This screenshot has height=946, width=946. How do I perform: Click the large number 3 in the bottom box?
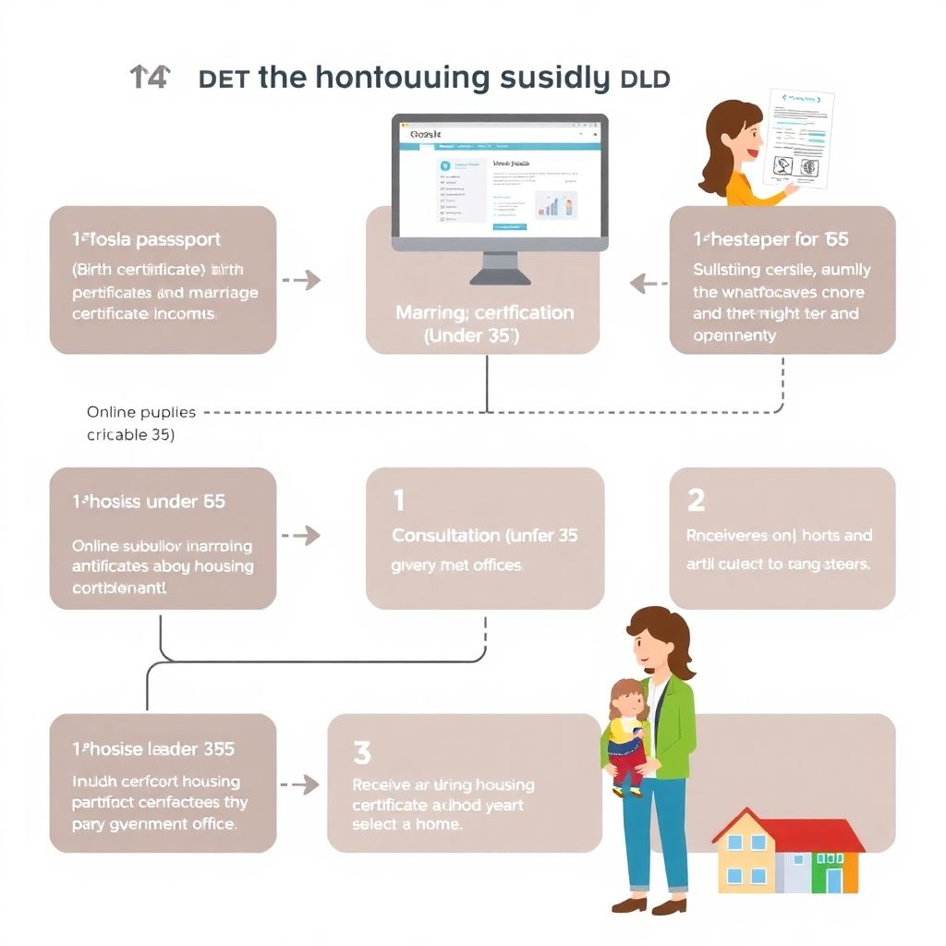pos(362,753)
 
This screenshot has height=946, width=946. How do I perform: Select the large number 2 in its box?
pos(696,501)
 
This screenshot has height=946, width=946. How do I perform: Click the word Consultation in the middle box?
pos(446,536)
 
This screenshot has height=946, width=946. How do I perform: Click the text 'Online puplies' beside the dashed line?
pos(135,412)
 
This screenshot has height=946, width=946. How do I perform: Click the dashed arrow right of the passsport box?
pos(300,279)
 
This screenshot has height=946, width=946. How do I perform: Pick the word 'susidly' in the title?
pos(552,78)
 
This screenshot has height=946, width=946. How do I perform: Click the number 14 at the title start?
pos(150,78)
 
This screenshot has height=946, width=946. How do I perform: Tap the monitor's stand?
pos(499,268)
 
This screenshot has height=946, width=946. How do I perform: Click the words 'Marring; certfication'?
pos(484,313)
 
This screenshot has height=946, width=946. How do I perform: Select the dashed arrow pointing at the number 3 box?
pos(300,784)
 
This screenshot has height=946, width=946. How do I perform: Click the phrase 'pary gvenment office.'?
pos(154,824)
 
